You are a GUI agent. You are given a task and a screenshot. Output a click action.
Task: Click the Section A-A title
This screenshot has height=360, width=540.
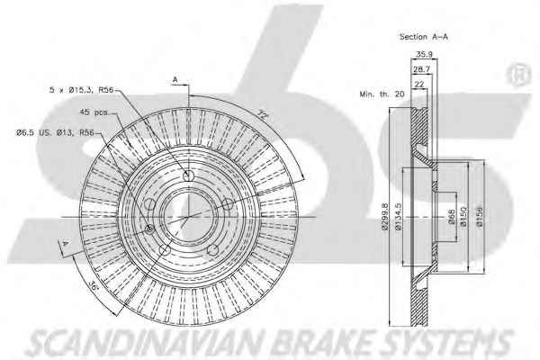(423, 37)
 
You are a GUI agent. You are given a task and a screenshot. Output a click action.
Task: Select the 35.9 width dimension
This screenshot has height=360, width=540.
(424, 54)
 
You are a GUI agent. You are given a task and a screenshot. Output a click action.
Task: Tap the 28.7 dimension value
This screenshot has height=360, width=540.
(421, 69)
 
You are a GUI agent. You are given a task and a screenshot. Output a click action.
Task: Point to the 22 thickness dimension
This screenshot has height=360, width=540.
(419, 84)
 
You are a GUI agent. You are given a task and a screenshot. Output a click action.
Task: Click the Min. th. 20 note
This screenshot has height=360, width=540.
(382, 94)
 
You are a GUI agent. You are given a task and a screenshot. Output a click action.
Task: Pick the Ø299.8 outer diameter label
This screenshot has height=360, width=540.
(385, 217)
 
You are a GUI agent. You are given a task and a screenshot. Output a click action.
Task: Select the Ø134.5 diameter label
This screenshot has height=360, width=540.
(399, 217)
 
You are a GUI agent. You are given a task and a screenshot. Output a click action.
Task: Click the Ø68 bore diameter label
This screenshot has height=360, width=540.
(452, 217)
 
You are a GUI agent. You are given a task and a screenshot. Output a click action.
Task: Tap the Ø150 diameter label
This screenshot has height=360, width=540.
(463, 217)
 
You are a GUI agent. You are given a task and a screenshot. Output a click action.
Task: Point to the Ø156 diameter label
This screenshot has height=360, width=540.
(480, 217)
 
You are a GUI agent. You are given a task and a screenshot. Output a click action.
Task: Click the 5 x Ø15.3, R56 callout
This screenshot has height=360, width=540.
(81, 90)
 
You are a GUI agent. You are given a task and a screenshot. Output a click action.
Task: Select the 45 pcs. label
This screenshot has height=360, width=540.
(94, 112)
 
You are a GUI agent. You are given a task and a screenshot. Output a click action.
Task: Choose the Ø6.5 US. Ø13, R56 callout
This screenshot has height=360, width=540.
(55, 132)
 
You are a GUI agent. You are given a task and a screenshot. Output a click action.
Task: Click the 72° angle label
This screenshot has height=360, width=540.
(263, 114)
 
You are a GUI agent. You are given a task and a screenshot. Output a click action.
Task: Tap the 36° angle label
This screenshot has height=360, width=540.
(93, 285)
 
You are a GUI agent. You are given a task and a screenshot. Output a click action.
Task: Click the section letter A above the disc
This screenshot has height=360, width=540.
(175, 80)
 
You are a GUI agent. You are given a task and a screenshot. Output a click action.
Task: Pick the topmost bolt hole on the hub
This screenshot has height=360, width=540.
(188, 176)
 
